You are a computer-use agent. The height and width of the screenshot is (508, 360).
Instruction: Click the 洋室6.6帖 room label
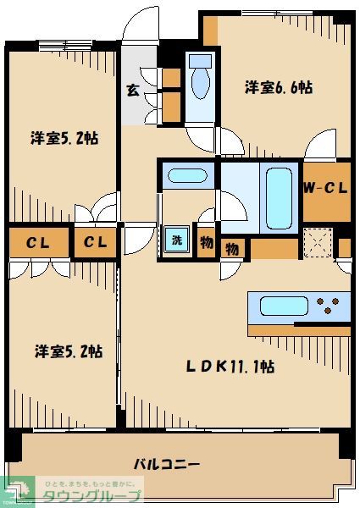(x=279, y=87)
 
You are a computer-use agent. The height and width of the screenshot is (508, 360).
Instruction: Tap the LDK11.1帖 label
(x=230, y=367)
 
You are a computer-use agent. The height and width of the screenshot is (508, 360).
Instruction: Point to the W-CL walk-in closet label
(x=325, y=189)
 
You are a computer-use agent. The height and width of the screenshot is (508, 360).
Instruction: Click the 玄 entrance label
(x=133, y=91)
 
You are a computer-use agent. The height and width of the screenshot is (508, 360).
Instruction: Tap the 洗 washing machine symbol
(x=175, y=240)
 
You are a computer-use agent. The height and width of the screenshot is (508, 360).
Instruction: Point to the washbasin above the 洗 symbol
(x=186, y=176)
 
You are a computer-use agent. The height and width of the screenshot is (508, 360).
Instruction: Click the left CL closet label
(x=36, y=244)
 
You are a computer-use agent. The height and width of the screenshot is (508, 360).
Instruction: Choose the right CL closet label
(x=95, y=244)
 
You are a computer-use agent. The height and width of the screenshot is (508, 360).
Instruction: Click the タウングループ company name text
(x=91, y=495)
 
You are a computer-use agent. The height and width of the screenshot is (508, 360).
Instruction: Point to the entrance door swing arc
(x=138, y=25)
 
